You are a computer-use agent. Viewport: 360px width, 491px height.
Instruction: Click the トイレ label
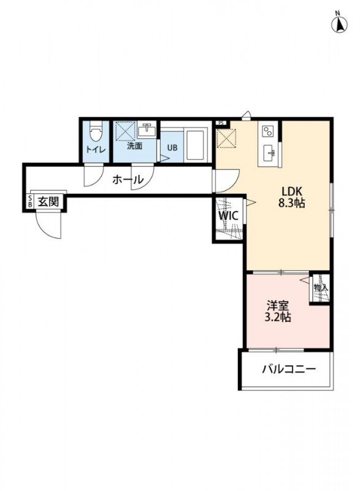pyautogui.click(x=95, y=149)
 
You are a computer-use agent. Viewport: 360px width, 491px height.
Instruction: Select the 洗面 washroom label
pyautogui.click(x=135, y=146)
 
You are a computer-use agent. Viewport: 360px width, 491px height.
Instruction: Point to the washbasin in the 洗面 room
pyautogui.click(x=147, y=130)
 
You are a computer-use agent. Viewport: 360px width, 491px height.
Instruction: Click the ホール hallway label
pyautogui.click(x=128, y=180)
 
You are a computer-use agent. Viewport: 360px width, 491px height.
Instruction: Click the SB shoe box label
pyautogui.click(x=29, y=202)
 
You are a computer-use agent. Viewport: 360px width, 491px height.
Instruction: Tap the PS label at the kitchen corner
pyautogui.click(x=220, y=123)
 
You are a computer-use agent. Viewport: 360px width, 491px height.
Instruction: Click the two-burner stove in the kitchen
pyautogui.click(x=267, y=131)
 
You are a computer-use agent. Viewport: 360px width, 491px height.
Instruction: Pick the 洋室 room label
pyautogui.click(x=278, y=305)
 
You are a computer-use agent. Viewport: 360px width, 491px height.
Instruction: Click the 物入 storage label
pyautogui.click(x=320, y=287)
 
